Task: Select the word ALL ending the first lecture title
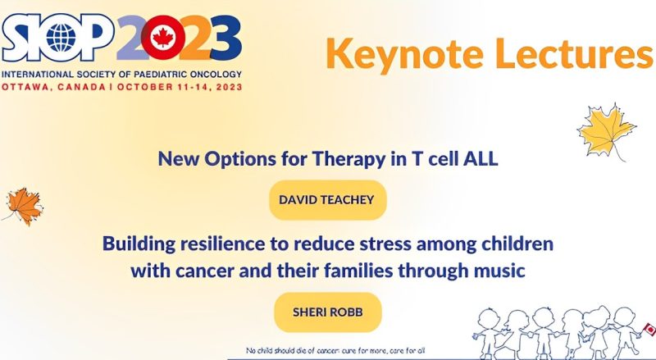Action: click(x=481, y=160)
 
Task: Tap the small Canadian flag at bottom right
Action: click(x=649, y=329)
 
